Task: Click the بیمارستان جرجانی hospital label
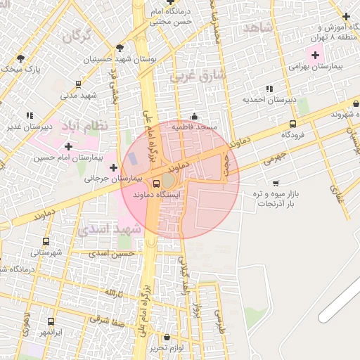point(112,179)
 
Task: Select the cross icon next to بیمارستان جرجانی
point(113,167)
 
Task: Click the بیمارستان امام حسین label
point(65,158)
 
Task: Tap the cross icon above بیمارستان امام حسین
point(68,146)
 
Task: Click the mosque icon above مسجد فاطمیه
point(195,117)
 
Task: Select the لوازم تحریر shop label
point(167,348)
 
